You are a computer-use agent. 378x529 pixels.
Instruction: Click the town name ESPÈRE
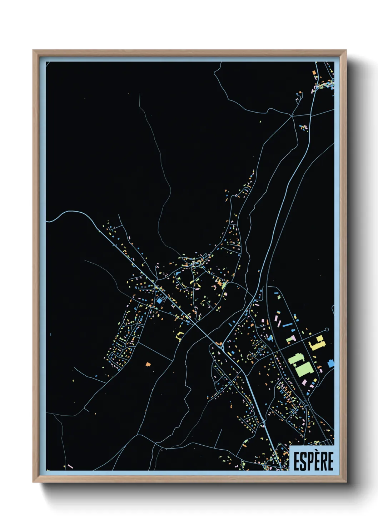(x=313, y=461)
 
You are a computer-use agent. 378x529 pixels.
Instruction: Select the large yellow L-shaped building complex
(x=317, y=344)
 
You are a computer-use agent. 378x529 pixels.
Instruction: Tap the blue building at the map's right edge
(x=330, y=364)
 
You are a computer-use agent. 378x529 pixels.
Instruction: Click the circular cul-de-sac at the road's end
(x=327, y=330)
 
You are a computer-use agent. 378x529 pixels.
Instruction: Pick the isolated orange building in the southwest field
(x=148, y=364)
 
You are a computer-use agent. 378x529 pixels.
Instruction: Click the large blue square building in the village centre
(x=159, y=301)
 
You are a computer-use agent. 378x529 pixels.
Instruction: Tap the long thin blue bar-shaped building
(x=287, y=325)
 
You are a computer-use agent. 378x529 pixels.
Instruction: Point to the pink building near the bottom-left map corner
(x=70, y=466)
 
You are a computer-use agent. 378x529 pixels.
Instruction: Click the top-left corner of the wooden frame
(x=34, y=51)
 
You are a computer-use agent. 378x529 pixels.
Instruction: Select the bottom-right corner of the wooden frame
(x=346, y=482)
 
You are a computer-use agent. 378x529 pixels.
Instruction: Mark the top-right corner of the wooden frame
(x=346, y=51)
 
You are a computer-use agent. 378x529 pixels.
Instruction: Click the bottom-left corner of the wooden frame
(x=34, y=482)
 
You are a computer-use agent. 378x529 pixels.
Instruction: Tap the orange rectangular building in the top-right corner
(x=314, y=73)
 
